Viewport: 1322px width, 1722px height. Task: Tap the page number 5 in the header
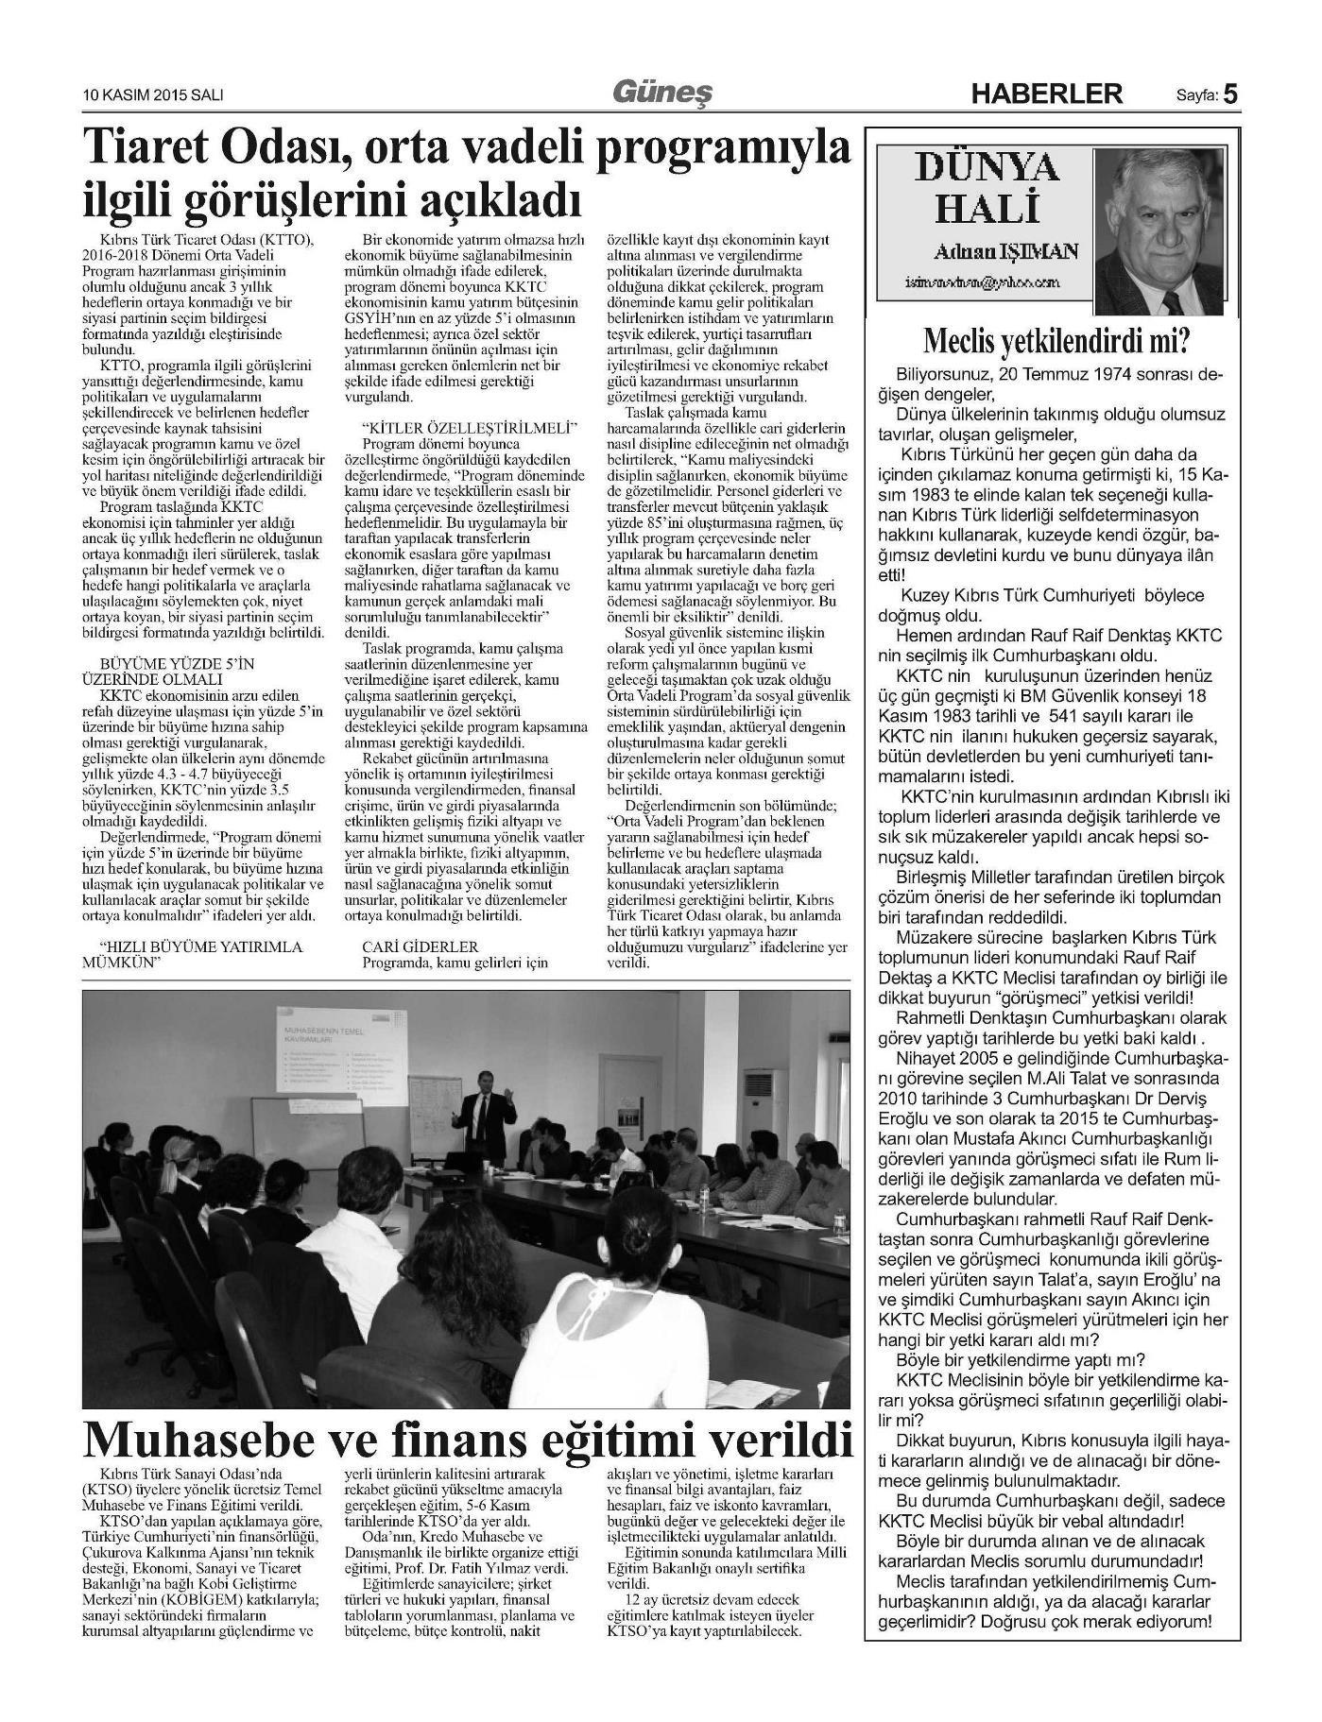1230,93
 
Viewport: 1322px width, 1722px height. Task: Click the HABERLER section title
1047,94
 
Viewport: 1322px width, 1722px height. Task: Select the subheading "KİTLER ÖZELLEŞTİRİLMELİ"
470,428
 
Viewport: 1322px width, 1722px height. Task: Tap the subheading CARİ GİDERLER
421,946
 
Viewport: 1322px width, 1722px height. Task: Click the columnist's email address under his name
982,281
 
